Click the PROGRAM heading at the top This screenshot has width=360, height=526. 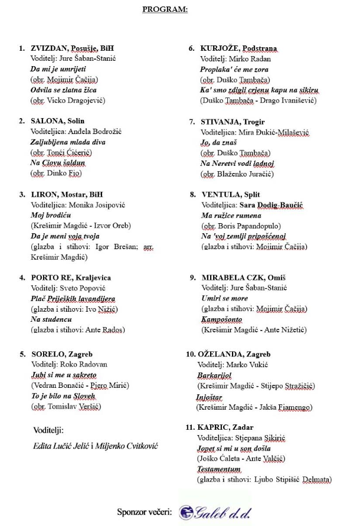(x=165, y=10)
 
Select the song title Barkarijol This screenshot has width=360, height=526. (x=215, y=375)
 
